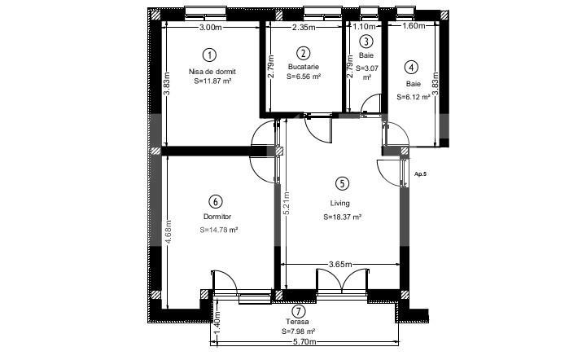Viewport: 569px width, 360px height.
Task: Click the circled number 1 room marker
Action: pos(210,55)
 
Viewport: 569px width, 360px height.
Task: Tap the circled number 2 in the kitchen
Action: pos(304,52)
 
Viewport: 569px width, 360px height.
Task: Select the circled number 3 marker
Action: pos(365,42)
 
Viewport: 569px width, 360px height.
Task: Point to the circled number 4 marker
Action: pos(412,68)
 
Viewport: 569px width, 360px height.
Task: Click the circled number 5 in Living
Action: pos(342,185)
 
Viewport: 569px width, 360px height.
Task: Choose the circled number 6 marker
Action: pos(215,201)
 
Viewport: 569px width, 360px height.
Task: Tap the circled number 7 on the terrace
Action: pos(300,311)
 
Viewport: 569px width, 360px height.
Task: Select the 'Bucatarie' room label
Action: pos(304,66)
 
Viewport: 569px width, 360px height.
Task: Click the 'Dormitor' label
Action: pos(217,217)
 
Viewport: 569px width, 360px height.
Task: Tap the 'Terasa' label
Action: pos(298,323)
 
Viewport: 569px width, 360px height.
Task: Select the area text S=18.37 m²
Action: pos(342,217)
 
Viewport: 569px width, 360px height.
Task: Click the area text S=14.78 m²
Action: pos(218,230)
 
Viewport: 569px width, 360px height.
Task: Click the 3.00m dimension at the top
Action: pos(210,27)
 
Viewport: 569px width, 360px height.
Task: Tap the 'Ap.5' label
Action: pos(420,174)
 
